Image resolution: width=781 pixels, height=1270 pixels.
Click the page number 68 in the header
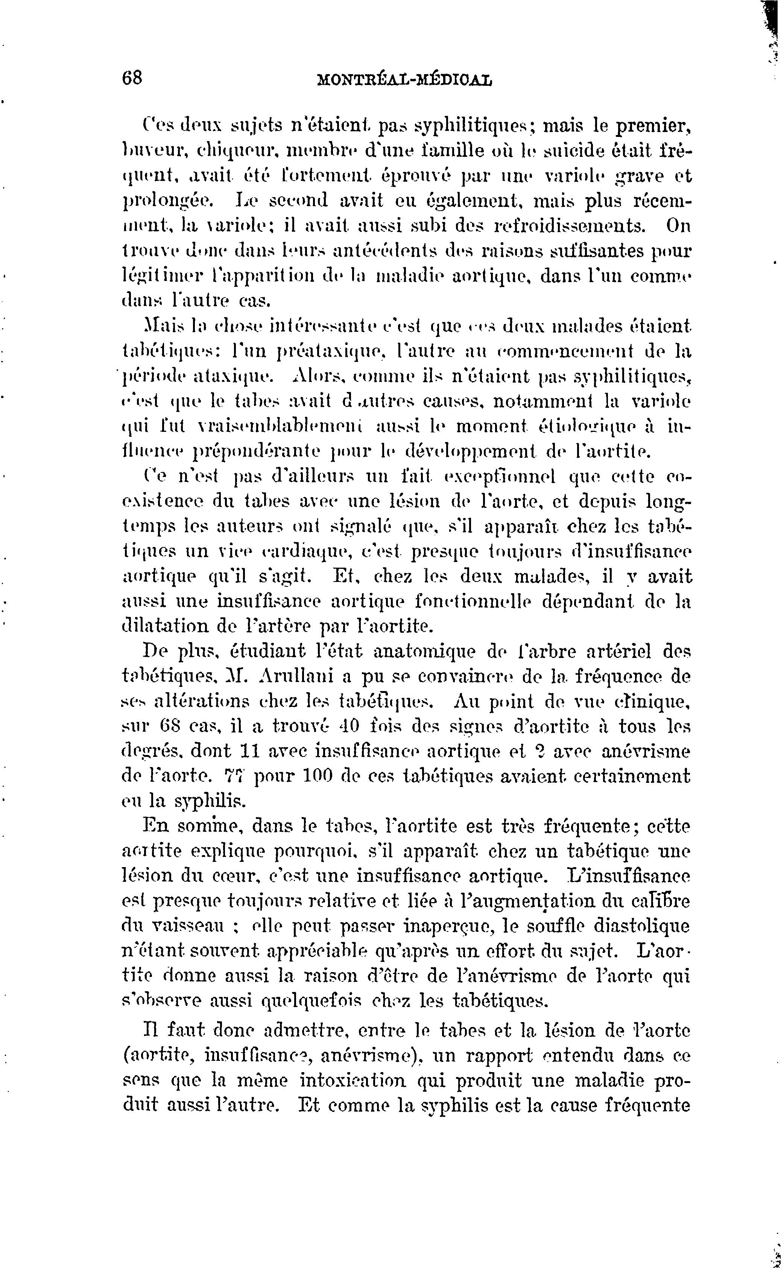[x=132, y=79]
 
